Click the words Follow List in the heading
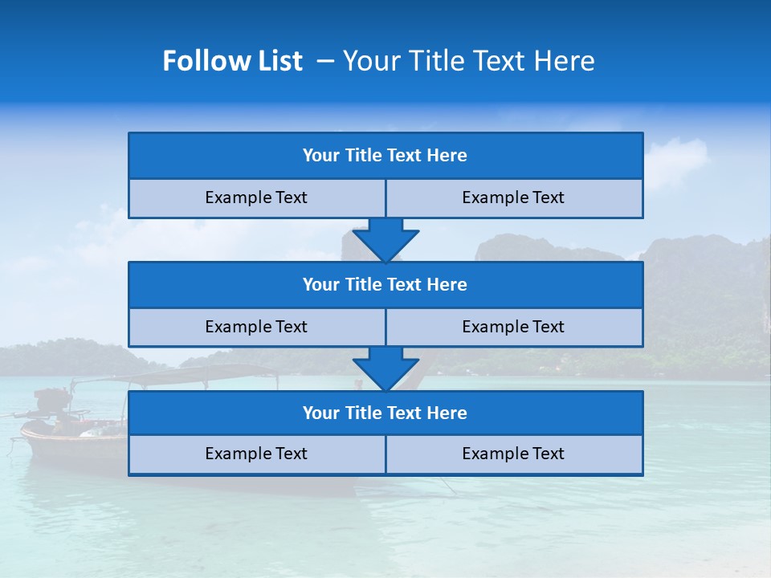point(232,61)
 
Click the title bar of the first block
point(385,156)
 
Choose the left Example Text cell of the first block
point(256,198)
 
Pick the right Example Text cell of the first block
point(514,198)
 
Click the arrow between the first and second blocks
point(385,240)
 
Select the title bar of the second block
point(385,285)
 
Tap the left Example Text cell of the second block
point(256,327)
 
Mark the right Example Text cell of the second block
point(514,327)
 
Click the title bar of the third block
point(385,413)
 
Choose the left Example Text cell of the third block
point(256,454)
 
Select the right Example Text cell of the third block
point(514,454)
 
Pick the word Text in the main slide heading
point(501,61)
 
